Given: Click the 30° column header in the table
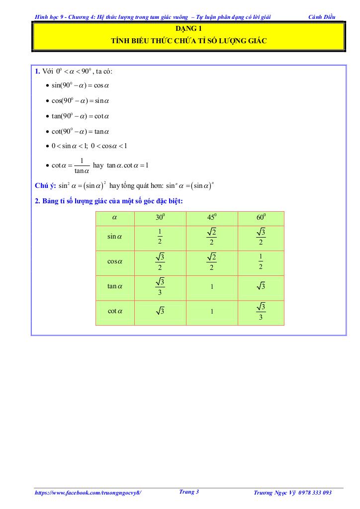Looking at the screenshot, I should click(x=160, y=217).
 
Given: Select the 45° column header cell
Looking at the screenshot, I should click(x=211, y=217).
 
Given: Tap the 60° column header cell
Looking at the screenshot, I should click(x=261, y=217).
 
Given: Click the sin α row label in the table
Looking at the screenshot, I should click(x=115, y=237).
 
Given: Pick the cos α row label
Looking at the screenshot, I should click(x=115, y=261).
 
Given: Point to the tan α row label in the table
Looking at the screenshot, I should click(x=115, y=286).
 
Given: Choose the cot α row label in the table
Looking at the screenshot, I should click(x=115, y=312).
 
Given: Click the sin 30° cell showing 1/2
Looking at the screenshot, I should click(x=160, y=237).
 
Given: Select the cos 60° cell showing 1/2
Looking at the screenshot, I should click(x=261, y=261).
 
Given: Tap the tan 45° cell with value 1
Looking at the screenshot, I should click(x=211, y=286).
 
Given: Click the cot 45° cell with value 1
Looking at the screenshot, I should click(x=211, y=312).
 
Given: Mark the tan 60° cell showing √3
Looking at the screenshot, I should click(x=261, y=287).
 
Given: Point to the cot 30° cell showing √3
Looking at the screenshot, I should click(x=160, y=312).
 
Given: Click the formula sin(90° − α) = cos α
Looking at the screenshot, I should click(x=81, y=85).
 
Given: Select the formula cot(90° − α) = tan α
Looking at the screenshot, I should click(x=81, y=132).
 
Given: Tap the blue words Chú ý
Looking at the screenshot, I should click(x=45, y=186).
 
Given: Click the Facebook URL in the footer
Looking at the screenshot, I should click(x=89, y=493).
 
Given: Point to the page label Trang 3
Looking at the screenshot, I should click(x=188, y=492).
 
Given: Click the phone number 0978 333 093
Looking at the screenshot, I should click(x=313, y=493).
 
